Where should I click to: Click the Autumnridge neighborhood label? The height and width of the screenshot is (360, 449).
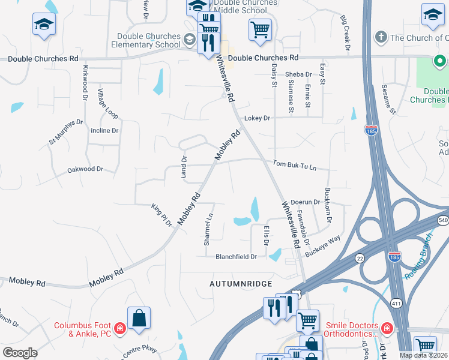[x=241, y=283]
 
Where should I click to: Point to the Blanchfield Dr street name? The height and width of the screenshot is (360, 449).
[x=236, y=256]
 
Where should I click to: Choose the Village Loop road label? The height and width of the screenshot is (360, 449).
[x=109, y=103]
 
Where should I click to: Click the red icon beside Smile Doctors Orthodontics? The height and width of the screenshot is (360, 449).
[x=387, y=328]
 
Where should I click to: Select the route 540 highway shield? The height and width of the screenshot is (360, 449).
[x=443, y=221]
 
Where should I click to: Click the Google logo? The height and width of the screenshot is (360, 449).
[x=20, y=353]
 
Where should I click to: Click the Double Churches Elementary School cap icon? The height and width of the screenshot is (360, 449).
[x=190, y=40]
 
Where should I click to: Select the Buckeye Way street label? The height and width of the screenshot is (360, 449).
[x=322, y=247]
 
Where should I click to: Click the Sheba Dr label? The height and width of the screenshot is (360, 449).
[x=298, y=74]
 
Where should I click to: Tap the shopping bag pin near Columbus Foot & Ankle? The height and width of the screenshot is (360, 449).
[x=139, y=318]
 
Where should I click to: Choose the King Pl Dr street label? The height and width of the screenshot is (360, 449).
[x=161, y=214]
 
